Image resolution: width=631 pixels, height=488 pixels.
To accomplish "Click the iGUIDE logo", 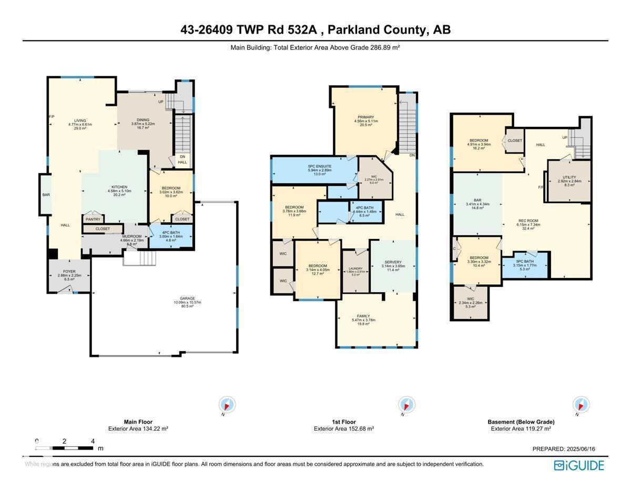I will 579,465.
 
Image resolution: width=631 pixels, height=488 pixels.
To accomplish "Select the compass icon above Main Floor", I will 227,405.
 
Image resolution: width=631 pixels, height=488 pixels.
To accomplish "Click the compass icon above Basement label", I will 581,405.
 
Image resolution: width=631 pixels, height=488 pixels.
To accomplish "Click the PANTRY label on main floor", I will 93,219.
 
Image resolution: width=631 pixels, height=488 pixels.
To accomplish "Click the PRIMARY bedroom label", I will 365,117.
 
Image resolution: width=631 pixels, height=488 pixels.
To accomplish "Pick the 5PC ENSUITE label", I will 320,167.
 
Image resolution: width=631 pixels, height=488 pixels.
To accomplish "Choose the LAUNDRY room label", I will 355,268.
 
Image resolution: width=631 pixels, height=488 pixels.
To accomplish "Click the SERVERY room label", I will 393,262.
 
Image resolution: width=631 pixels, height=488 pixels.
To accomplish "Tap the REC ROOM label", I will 528,221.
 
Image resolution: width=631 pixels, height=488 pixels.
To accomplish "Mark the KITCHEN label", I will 119,187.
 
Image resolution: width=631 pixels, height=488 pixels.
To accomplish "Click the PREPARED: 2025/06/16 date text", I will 564,449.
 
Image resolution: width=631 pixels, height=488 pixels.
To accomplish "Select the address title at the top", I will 315,30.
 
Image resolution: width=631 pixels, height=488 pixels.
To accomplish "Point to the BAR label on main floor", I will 46,195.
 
